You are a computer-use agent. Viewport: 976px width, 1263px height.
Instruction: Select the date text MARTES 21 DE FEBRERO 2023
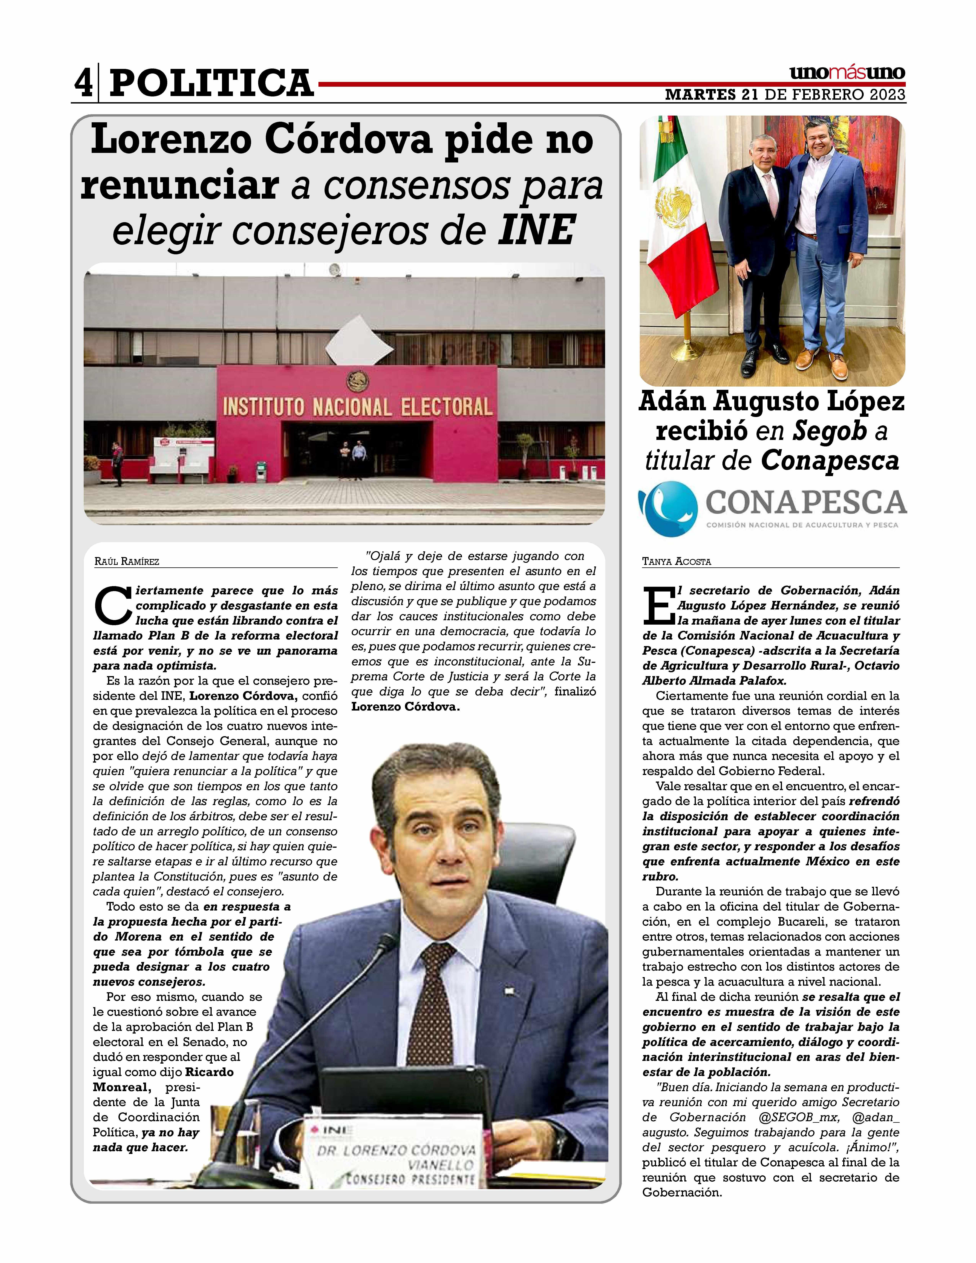point(785,94)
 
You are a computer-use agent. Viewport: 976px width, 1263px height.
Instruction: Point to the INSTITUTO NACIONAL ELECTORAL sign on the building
point(357,406)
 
